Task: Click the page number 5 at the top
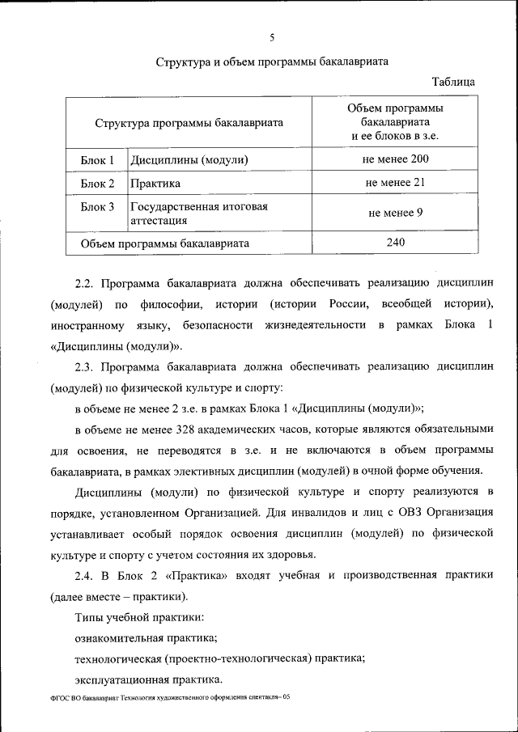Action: [x=273, y=37]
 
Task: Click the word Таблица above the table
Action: [x=453, y=82]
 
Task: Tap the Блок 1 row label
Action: [x=97, y=160]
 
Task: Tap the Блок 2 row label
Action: [x=97, y=184]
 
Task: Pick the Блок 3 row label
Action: [x=97, y=207]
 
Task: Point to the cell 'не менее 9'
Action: [x=395, y=214]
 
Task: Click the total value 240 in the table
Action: [x=395, y=242]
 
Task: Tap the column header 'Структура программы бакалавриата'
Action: [x=189, y=124]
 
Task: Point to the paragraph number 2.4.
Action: [x=85, y=575]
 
